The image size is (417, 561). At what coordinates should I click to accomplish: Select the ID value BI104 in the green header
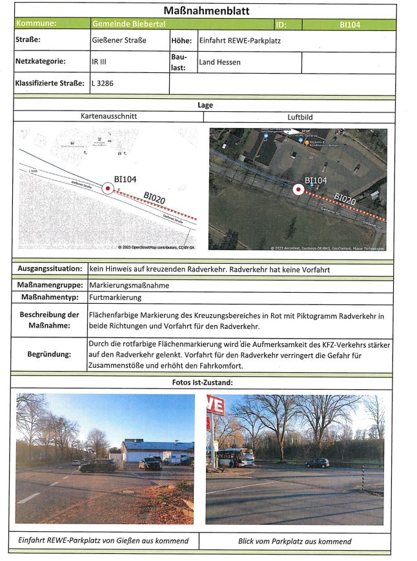pyautogui.click(x=349, y=25)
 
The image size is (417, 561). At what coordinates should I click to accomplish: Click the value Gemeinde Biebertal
pyautogui.click(x=128, y=25)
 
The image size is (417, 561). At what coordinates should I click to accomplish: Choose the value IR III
pyautogui.click(x=99, y=63)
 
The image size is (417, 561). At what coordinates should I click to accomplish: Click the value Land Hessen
pyautogui.click(x=219, y=63)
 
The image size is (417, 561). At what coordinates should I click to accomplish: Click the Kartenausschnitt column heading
pyautogui.click(x=108, y=117)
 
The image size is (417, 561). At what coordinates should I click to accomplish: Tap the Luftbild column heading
pyautogui.click(x=300, y=117)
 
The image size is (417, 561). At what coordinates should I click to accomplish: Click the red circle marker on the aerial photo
pyautogui.click(x=298, y=190)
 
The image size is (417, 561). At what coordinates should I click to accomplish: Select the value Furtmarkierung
pyautogui.click(x=115, y=297)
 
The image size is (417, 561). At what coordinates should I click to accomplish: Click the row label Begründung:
pyautogui.click(x=49, y=355)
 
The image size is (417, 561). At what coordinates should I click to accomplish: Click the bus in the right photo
pyautogui.click(x=235, y=458)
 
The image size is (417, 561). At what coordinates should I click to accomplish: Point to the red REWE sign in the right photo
pyautogui.click(x=215, y=405)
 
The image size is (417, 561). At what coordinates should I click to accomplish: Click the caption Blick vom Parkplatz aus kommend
pyautogui.click(x=294, y=541)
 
